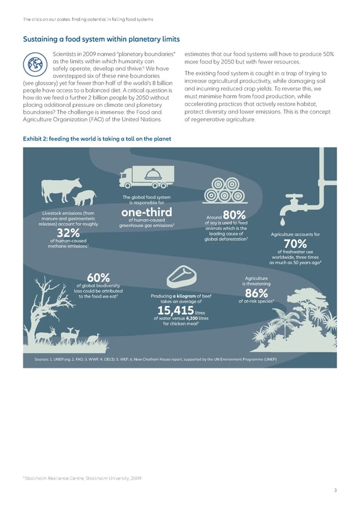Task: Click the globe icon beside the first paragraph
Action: pos(35,64)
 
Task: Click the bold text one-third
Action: pos(146,214)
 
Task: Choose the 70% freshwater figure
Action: pos(296,244)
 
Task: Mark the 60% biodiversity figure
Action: pos(97,277)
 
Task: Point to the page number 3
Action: pos(335,490)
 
